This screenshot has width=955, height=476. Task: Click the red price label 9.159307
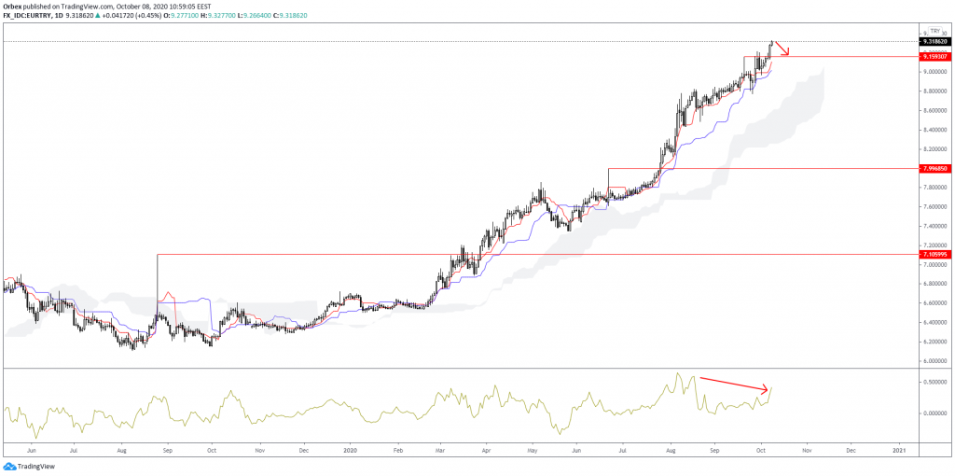point(935,57)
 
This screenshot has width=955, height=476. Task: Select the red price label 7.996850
point(935,168)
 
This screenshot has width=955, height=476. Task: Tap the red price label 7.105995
point(935,254)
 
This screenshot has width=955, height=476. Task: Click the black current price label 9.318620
point(935,42)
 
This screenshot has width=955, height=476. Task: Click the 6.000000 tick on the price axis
point(935,360)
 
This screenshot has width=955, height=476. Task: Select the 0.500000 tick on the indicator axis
point(935,383)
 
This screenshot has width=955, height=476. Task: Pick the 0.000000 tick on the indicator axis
point(935,413)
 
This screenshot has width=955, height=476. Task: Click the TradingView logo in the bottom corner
point(29,466)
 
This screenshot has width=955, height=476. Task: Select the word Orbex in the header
point(12,5)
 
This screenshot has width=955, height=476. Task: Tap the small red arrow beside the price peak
point(782,49)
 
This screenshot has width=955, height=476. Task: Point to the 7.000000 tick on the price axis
point(935,264)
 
